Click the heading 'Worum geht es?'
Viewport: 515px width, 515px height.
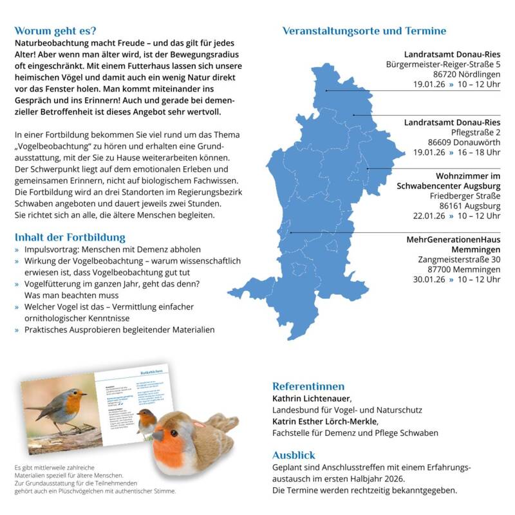point(55,30)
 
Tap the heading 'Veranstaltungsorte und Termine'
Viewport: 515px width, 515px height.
point(364,30)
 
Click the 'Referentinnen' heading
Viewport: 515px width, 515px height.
point(308,386)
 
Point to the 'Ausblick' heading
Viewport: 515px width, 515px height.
point(294,454)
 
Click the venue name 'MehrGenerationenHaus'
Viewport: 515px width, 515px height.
point(453,239)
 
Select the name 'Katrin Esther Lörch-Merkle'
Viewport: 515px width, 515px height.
point(324,422)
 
